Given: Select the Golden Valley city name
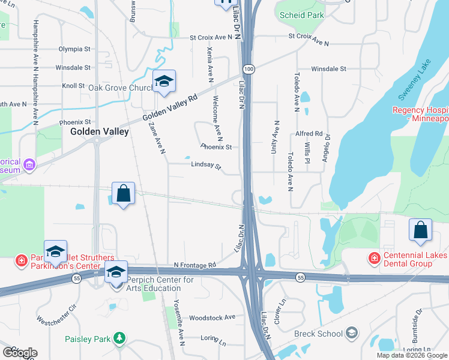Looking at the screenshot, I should tap(100, 131).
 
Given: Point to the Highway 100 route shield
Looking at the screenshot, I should tap(249, 70).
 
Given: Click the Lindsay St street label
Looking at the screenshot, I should tap(206, 165).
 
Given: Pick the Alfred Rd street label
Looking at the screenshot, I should tap(309, 133).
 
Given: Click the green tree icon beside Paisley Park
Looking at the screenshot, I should tap(120, 339).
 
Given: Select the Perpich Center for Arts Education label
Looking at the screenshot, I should tap(162, 284).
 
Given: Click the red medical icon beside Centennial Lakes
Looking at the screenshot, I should tap(374, 259).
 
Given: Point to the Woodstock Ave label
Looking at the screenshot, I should tap(212, 317).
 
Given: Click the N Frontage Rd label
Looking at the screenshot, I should tap(194, 265).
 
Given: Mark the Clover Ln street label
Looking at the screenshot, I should tap(279, 311).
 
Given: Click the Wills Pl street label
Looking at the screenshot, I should tap(307, 152).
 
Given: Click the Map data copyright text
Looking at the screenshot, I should tap(411, 355).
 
